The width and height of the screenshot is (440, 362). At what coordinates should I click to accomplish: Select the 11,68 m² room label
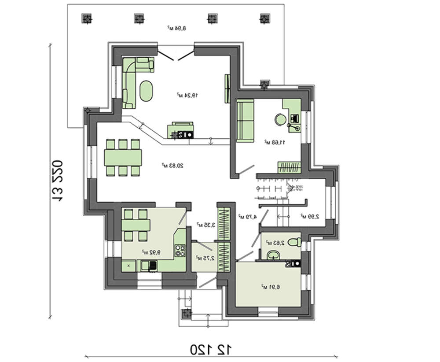pos(275,142)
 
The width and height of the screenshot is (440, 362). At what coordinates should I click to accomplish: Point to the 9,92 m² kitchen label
pos(150,252)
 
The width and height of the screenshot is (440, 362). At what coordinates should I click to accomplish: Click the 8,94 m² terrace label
pos(176,28)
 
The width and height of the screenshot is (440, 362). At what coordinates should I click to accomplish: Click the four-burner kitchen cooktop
pos(180,250)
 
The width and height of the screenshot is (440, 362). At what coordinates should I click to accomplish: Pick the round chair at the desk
pos(280,119)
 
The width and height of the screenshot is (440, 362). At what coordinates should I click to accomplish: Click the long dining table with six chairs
pos(123,157)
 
